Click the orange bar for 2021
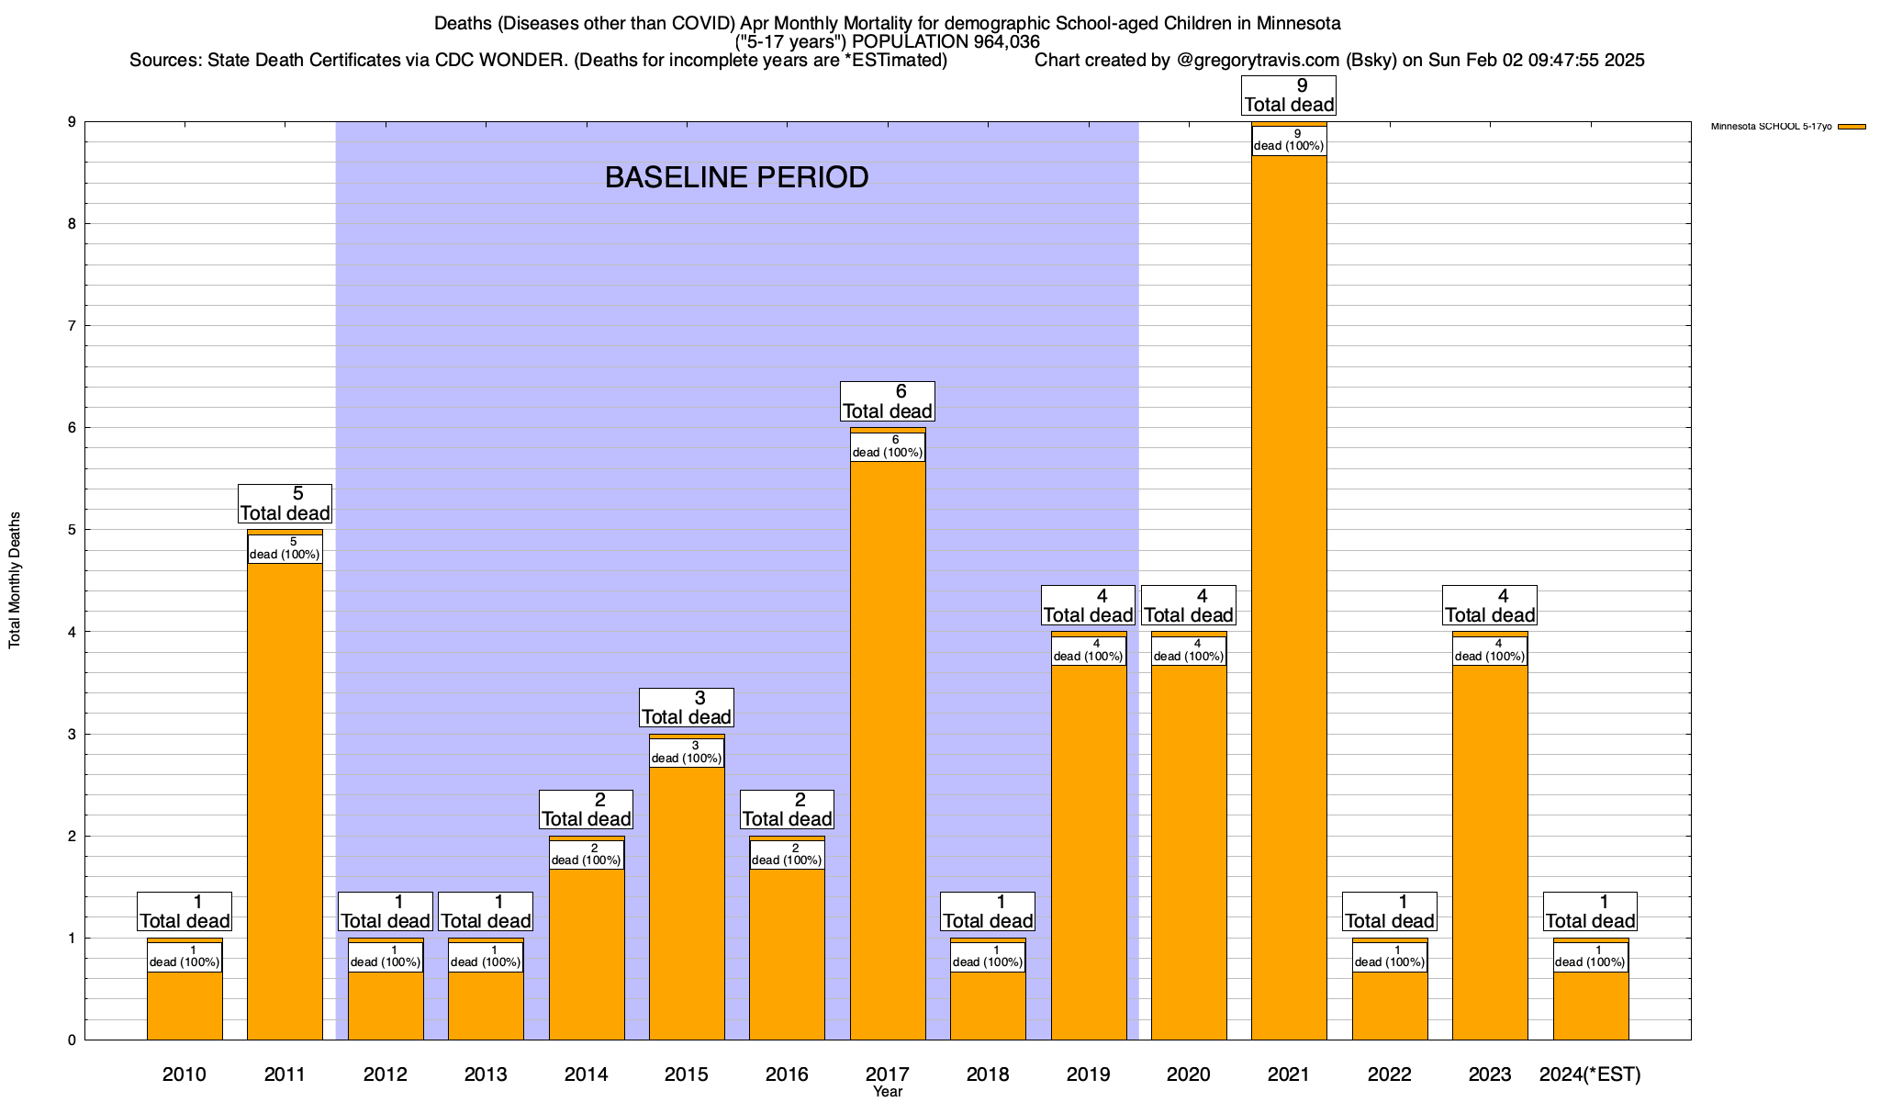(1289, 597)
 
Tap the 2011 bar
(285, 799)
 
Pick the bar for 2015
(687, 900)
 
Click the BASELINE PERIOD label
(736, 177)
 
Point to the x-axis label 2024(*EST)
(1590, 1074)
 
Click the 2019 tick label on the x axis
(1088, 1074)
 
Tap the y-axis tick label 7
(72, 326)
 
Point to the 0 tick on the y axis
(72, 1040)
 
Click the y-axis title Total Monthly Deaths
(15, 580)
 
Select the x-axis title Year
(888, 1092)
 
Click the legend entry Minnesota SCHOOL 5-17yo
(1772, 127)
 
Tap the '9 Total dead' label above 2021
(1289, 96)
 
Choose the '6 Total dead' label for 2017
(888, 402)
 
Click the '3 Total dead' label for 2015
(687, 708)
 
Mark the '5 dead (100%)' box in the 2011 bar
(285, 549)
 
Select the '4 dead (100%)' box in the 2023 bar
(1490, 651)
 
